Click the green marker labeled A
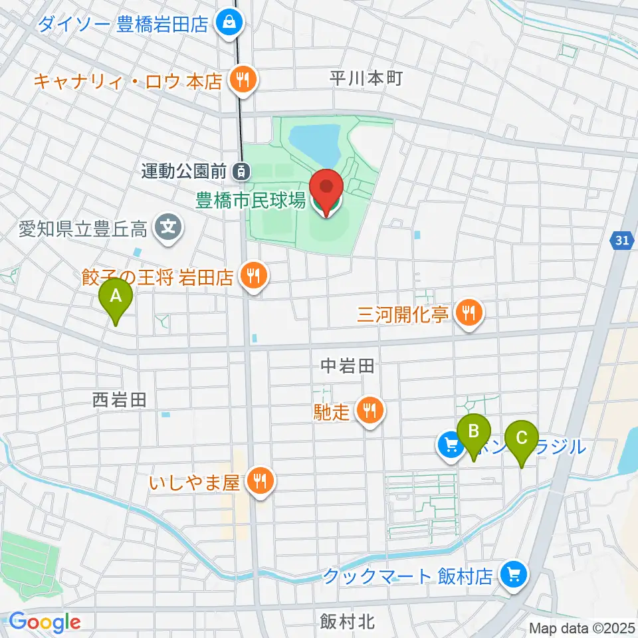click(116, 296)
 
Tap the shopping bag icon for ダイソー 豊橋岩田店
click(229, 25)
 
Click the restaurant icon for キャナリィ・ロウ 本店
click(240, 81)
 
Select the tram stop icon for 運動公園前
click(243, 171)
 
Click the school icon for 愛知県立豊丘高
click(167, 230)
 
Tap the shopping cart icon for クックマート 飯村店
click(513, 575)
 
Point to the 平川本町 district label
click(366, 78)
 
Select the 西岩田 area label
click(118, 399)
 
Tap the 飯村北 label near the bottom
click(347, 621)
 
